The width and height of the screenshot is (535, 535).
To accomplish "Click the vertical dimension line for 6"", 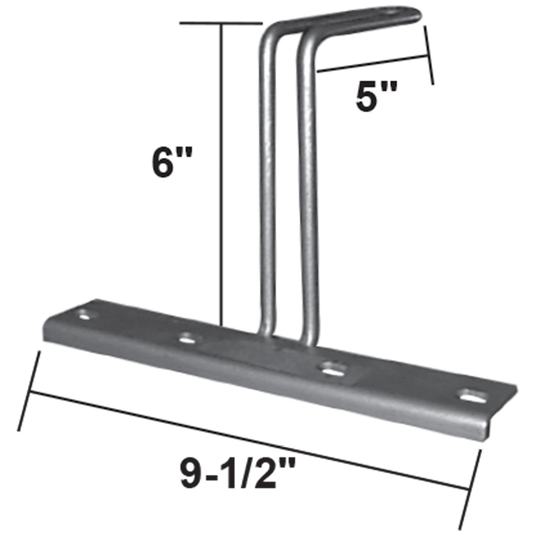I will (222, 171).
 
